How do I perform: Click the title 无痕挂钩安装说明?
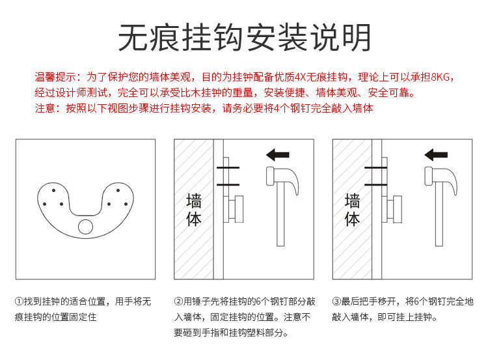[x=244, y=37]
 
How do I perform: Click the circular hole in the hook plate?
[x=86, y=227]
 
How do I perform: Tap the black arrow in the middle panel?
[x=278, y=155]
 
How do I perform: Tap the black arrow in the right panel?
[x=436, y=155]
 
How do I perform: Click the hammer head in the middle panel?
[x=282, y=179]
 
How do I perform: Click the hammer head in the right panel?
[x=441, y=179]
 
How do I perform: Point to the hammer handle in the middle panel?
[x=280, y=215]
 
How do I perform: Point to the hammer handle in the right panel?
[x=439, y=215]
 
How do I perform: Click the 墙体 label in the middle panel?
[x=194, y=210]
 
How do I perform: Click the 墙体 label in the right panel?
[x=352, y=210]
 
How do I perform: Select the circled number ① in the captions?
[x=19, y=301]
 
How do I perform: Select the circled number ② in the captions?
[x=178, y=301]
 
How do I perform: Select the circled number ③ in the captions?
[x=336, y=301]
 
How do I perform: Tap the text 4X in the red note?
[x=300, y=77]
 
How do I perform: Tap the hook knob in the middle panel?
[x=239, y=209]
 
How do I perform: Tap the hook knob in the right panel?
[x=398, y=209]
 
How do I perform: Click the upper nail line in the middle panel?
[x=228, y=167]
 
